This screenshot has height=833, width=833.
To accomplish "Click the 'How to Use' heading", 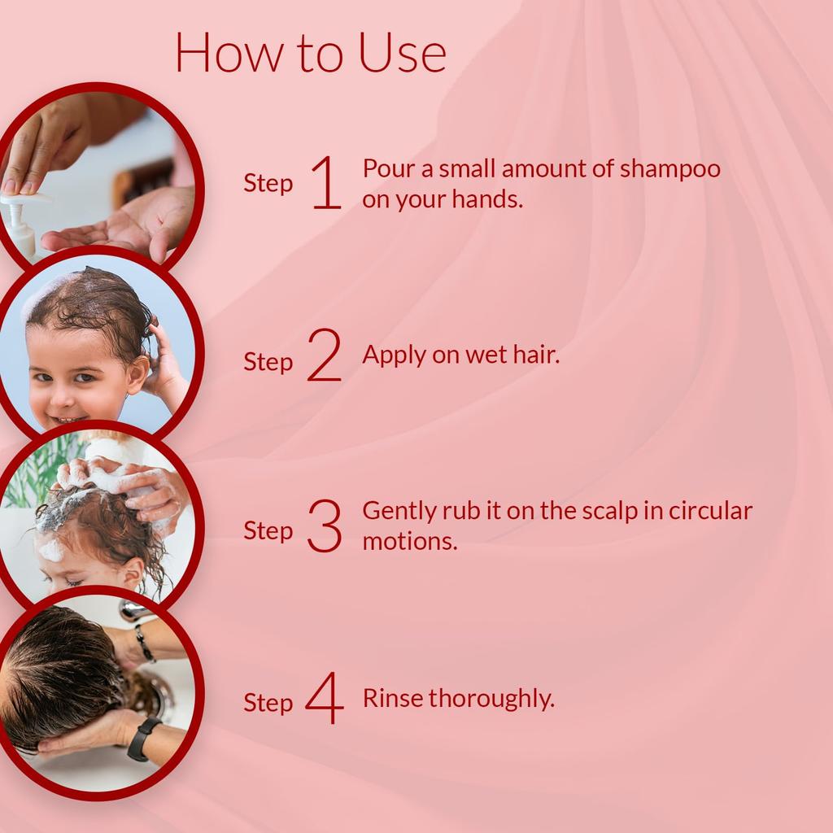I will coord(310,52).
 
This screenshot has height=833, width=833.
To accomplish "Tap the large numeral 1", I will coord(326,183).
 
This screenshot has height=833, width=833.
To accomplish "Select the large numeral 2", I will coord(325,358).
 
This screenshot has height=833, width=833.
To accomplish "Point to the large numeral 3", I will coord(325,528).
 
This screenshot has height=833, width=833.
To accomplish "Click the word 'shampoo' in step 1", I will coord(670,169).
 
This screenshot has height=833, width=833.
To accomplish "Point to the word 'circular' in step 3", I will coord(711,511).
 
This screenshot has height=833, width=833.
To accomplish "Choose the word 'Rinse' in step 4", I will coord(392,698).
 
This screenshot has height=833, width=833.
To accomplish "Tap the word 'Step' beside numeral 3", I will coord(268,531).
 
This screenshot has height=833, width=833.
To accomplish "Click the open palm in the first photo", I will coord(122,232).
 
